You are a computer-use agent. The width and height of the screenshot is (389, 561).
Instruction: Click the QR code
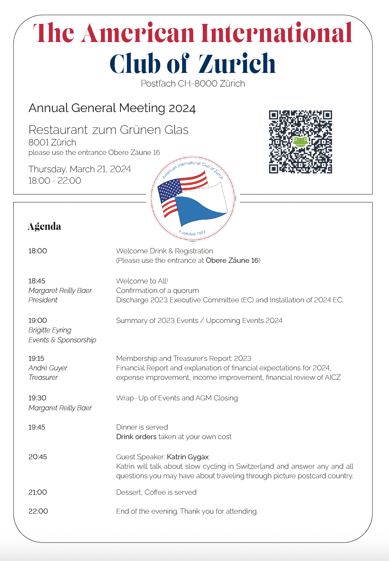(300, 142)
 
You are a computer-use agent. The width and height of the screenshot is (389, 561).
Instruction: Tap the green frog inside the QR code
(300, 142)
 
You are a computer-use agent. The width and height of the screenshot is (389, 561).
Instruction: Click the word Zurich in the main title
(237, 64)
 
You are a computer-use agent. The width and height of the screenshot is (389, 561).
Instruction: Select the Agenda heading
(45, 226)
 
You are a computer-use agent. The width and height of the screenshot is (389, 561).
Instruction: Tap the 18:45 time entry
(37, 281)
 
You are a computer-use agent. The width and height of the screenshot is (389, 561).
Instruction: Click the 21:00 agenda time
(37, 492)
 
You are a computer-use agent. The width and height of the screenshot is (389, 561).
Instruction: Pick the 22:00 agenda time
(38, 511)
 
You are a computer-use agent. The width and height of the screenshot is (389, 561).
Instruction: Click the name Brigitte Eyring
(50, 330)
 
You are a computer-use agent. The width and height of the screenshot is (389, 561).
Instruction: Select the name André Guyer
(48, 368)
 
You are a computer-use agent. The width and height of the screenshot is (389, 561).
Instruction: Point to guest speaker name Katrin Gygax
(188, 457)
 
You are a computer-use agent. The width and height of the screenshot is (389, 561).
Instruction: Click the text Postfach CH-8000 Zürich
(193, 84)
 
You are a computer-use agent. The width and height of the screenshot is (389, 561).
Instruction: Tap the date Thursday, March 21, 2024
(80, 169)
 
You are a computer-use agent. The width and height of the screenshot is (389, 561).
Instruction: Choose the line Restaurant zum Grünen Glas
(108, 130)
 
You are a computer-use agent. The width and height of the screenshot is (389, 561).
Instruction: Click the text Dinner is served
(142, 427)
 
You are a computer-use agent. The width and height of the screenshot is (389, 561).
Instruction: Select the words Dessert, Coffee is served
(156, 492)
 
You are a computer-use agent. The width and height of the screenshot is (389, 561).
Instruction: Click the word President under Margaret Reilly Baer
(43, 300)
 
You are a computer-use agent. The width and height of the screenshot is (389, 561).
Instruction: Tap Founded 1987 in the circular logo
(192, 233)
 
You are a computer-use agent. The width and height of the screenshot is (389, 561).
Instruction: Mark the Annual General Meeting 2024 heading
(112, 108)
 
